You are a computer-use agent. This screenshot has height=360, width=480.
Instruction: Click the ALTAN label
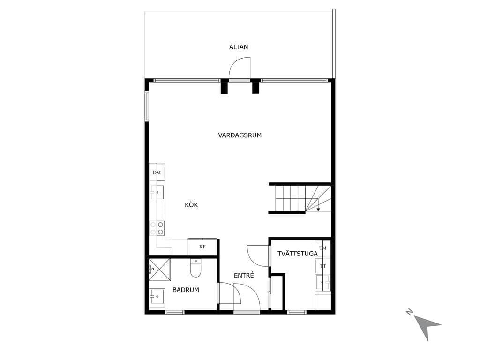click(239, 47)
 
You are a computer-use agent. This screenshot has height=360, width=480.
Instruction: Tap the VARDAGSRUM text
click(240, 135)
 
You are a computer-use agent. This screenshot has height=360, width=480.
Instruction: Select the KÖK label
click(191, 205)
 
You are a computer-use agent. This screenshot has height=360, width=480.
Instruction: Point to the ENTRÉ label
click(244, 276)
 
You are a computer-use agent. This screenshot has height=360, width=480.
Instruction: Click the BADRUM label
click(186, 290)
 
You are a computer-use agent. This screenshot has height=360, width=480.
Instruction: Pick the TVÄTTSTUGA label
click(298, 254)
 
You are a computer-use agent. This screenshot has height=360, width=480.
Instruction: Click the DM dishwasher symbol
click(157, 172)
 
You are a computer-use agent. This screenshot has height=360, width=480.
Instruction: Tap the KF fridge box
click(202, 247)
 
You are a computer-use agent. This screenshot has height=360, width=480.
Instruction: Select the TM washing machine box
click(323, 248)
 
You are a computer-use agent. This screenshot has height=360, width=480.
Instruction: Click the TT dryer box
click(323, 266)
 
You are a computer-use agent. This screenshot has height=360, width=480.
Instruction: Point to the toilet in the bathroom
click(195, 268)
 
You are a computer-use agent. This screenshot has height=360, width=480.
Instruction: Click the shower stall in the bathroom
click(159, 270)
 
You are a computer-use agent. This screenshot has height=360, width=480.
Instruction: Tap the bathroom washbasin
click(157, 296)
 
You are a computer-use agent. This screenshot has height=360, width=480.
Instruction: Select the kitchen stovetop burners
click(157, 228)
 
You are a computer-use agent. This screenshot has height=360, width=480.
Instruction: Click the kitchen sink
click(157, 192)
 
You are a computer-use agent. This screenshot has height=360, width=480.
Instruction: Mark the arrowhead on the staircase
click(318, 210)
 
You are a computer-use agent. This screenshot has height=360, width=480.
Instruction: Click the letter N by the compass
click(409, 312)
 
